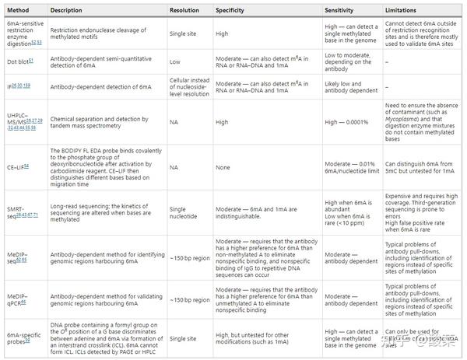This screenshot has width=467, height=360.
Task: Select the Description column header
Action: (68, 10)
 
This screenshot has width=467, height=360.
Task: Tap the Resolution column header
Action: (187, 10)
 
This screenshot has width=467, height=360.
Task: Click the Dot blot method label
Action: (20, 58)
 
